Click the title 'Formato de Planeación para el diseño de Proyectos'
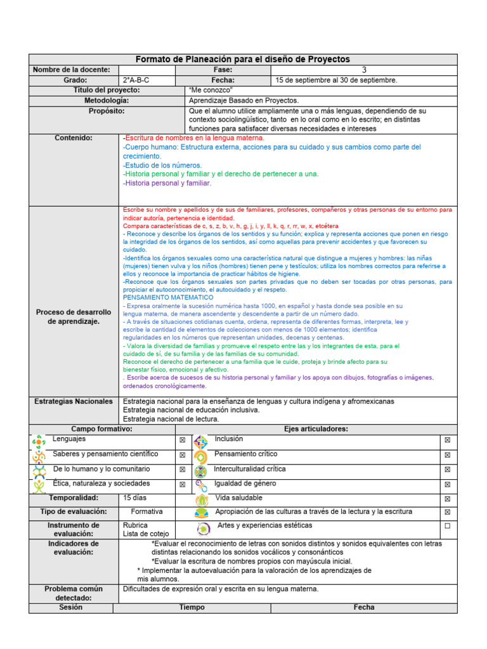243,59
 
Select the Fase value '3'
364,70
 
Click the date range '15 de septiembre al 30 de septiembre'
336,80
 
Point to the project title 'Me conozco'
207,91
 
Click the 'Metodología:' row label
107,101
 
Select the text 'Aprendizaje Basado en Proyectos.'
243,101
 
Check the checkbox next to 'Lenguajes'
182,440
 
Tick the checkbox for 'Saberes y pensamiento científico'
182,455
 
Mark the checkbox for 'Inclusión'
447,440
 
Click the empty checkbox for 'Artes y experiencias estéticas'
447,526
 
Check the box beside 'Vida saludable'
447,499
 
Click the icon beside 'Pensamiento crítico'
200,456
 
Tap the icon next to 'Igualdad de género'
200,485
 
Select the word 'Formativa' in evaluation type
146,511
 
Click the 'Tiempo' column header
192,607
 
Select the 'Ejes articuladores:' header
316,429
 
